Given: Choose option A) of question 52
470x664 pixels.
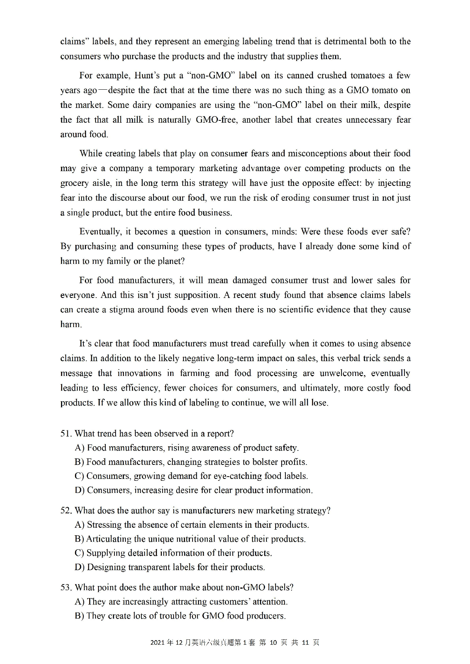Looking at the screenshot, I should (x=80, y=525).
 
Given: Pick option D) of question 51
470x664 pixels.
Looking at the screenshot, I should (x=80, y=490).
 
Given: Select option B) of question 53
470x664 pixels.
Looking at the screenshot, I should (x=79, y=616).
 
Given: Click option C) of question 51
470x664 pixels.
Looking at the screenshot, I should (x=79, y=476).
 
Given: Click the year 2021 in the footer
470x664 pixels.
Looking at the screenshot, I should (x=158, y=643).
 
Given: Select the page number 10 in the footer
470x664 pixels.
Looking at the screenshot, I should (x=273, y=643).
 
